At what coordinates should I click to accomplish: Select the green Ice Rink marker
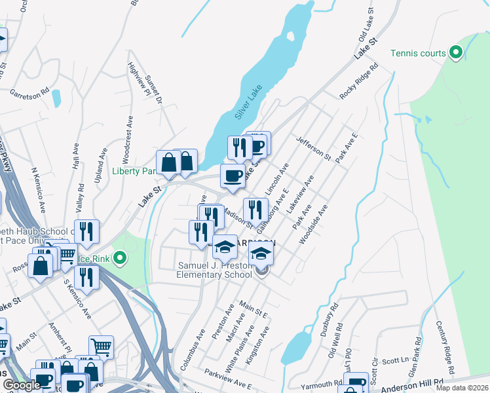119,258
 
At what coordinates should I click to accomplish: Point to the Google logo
22,385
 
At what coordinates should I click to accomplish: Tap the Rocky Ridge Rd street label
360,82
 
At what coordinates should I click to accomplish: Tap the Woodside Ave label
312,227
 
